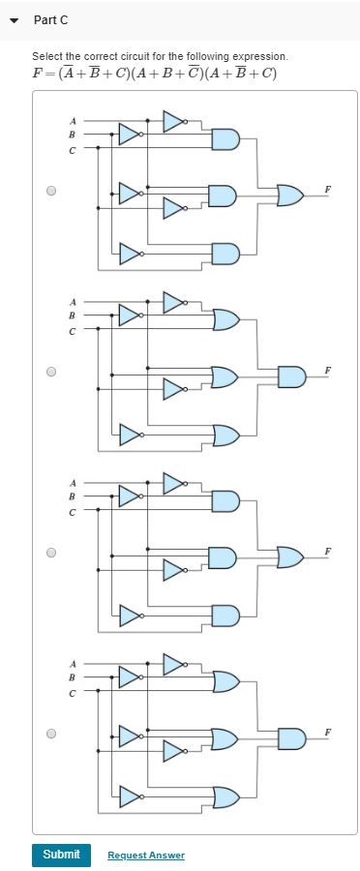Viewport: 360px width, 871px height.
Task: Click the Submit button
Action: coord(61,855)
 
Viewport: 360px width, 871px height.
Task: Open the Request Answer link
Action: coord(146,856)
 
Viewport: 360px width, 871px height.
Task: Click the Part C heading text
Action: coord(50,19)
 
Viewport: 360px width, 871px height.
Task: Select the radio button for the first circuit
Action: coord(51,192)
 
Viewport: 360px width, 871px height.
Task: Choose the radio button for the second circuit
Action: coord(51,371)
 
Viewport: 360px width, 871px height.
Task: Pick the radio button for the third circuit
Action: coord(51,553)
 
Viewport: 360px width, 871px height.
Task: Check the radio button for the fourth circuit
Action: coord(51,734)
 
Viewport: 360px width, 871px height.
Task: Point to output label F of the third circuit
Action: coord(329,551)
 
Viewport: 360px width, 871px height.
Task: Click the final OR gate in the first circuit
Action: coord(290,195)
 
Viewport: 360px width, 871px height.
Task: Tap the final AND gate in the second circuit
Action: coord(290,375)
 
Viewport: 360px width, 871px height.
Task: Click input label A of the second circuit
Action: coord(71,301)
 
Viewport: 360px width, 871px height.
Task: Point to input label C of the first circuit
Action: coord(71,149)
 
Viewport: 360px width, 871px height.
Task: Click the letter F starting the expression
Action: coord(37,75)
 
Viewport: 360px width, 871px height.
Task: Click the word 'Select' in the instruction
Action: coord(45,57)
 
